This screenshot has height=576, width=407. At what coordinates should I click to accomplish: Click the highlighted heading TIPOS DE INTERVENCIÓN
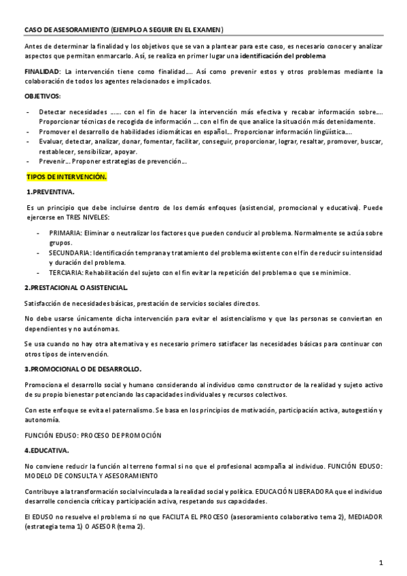point(66,177)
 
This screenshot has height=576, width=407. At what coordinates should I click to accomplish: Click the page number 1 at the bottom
point(381,562)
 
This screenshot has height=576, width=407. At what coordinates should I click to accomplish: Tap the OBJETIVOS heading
point(43,96)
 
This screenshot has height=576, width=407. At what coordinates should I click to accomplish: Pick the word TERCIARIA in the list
point(66,272)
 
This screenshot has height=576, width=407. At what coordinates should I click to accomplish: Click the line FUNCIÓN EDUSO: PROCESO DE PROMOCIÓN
point(92,434)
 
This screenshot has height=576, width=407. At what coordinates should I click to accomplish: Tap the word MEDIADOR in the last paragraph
point(363,517)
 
